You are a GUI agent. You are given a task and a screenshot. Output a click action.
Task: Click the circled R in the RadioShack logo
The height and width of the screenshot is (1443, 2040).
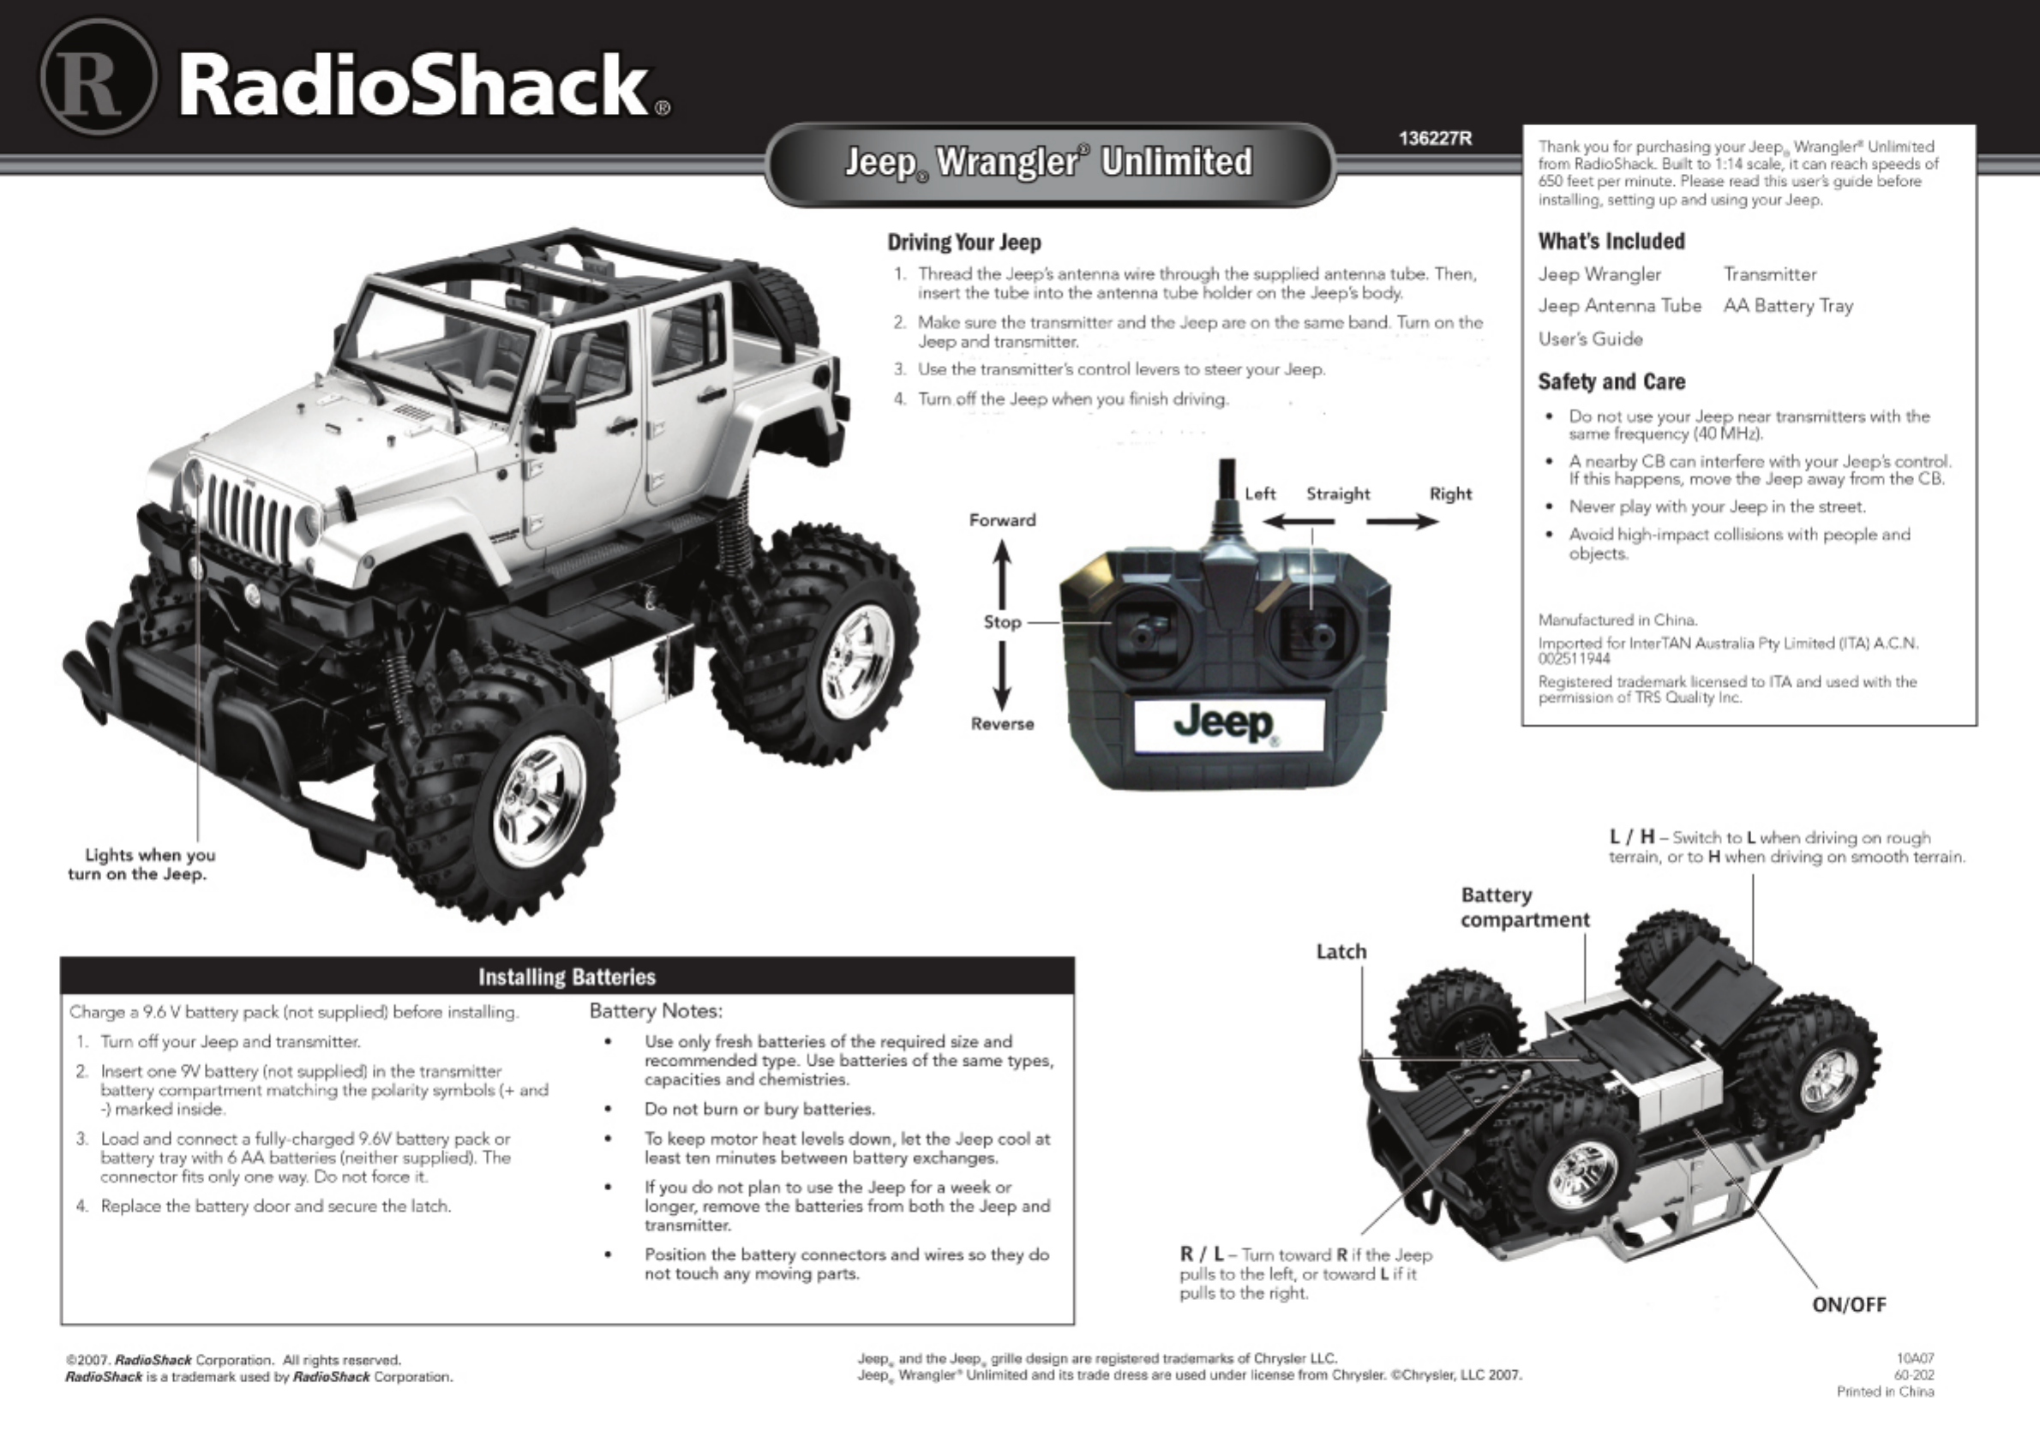pyautogui.click(x=98, y=77)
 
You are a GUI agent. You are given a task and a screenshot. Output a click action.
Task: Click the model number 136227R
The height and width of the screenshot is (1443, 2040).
pyautogui.click(x=1435, y=139)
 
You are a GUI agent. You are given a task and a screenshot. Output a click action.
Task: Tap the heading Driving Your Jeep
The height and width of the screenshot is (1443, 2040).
pyautogui.click(x=963, y=242)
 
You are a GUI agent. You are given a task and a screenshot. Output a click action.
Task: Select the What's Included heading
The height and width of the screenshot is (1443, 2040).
pyautogui.click(x=1611, y=242)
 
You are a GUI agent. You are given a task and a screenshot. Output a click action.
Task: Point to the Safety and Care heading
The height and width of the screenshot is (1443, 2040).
pyautogui.click(x=1611, y=382)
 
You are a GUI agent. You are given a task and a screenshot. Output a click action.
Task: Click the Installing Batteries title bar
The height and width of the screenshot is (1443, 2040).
pyautogui.click(x=567, y=978)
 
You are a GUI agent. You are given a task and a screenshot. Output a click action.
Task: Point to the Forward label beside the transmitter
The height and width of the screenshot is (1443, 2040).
pyautogui.click(x=1002, y=521)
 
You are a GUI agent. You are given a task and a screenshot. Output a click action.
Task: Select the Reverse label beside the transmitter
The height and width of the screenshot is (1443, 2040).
pyautogui.click(x=1002, y=724)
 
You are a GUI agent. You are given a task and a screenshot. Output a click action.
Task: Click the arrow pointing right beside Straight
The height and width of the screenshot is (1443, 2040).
pyautogui.click(x=1401, y=522)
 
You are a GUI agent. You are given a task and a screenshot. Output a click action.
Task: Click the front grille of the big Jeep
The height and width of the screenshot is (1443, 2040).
pyautogui.click(x=249, y=515)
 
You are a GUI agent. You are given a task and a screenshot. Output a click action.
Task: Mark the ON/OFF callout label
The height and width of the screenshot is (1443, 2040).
pyautogui.click(x=1849, y=1304)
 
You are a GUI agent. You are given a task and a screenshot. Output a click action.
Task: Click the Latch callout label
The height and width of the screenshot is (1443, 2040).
pyautogui.click(x=1341, y=952)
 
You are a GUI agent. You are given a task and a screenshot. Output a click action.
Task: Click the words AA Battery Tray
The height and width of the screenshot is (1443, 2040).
pyautogui.click(x=1787, y=307)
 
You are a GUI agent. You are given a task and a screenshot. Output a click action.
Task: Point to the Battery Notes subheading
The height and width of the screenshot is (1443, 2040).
pyautogui.click(x=656, y=1011)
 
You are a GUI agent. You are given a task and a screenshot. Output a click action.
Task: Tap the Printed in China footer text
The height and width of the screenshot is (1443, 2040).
pyautogui.click(x=1885, y=1392)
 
